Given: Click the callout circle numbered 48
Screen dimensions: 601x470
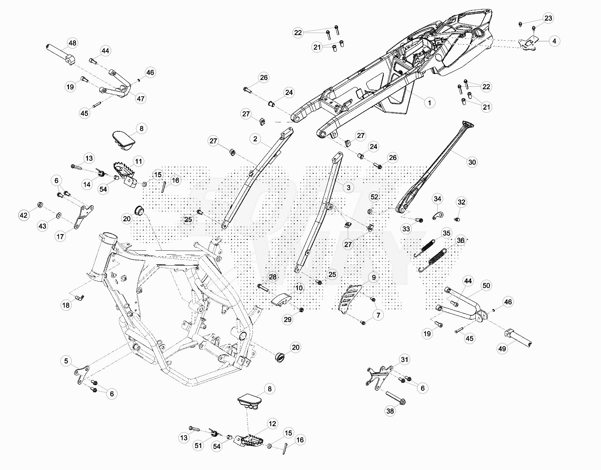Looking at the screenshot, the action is (x=72, y=43).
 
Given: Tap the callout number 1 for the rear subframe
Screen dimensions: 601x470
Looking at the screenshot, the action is (x=429, y=103).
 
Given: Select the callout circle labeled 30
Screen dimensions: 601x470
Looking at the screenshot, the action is (x=472, y=162).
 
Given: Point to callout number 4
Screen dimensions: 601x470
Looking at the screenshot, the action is (x=554, y=41).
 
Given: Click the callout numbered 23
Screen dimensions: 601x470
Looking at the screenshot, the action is (x=548, y=18).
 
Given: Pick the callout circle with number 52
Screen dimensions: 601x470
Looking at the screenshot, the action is (x=374, y=197).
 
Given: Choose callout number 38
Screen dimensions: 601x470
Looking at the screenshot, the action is (x=390, y=411).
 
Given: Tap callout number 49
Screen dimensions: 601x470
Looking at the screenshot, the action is (x=502, y=349).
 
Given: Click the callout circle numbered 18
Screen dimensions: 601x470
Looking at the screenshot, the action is (x=66, y=305).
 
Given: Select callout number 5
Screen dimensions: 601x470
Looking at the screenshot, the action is (x=66, y=361).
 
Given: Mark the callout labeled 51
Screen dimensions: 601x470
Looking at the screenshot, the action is (x=198, y=446).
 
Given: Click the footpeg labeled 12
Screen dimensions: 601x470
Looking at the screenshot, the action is (x=249, y=440).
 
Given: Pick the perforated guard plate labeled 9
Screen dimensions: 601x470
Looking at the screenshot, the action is (x=349, y=298).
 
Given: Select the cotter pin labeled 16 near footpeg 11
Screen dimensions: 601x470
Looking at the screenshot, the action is (x=164, y=187).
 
